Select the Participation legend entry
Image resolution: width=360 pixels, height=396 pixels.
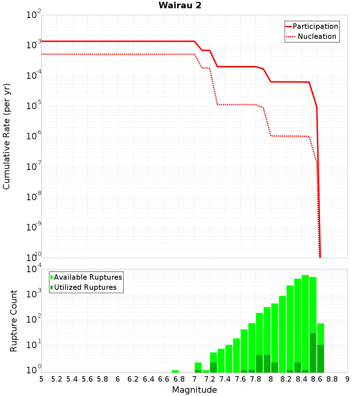click(315, 26)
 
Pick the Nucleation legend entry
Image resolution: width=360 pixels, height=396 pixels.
click(317, 36)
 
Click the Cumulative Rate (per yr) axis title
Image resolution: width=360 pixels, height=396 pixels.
click(6, 136)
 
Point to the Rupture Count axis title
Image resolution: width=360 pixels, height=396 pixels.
click(14, 321)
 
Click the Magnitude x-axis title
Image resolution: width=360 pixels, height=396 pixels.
click(194, 390)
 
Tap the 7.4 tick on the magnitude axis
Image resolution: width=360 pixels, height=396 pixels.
click(225, 379)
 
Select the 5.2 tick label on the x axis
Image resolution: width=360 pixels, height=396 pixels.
click(57, 379)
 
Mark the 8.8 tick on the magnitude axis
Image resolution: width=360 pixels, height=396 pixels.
click(332, 379)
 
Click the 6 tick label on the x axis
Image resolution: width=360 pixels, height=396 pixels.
click(118, 379)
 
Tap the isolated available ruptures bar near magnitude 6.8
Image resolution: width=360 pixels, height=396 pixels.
click(175, 371)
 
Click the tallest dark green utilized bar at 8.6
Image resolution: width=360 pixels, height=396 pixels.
click(313, 353)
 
